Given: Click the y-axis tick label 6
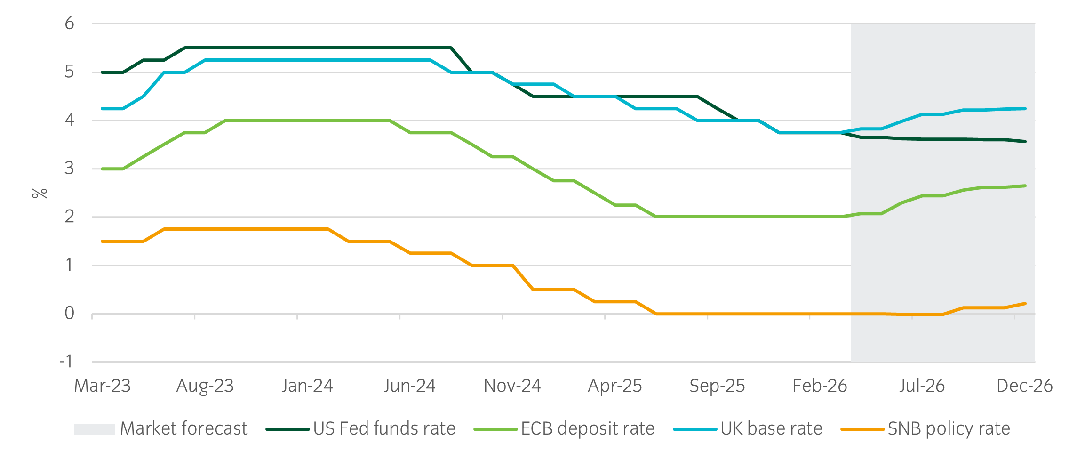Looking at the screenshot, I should point(69,24).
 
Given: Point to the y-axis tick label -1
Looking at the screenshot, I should point(66,362).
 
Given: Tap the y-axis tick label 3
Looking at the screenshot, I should point(69,168).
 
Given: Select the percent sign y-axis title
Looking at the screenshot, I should point(40,193).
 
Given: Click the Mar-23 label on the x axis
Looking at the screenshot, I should point(102,386).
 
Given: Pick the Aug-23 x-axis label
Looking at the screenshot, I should point(205,386).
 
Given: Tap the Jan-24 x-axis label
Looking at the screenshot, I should point(307,386).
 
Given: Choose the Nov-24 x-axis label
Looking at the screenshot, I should point(512,386).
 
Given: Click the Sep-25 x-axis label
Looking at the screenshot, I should point(717,386).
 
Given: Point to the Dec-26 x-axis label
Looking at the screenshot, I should point(1024,386).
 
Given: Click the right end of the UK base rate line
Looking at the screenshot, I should point(1025,109).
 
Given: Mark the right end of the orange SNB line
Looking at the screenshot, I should point(1025,304).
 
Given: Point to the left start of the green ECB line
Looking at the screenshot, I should point(103,169).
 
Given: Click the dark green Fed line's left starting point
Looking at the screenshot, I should point(103,73).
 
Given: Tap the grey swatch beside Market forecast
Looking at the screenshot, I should point(95,429).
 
